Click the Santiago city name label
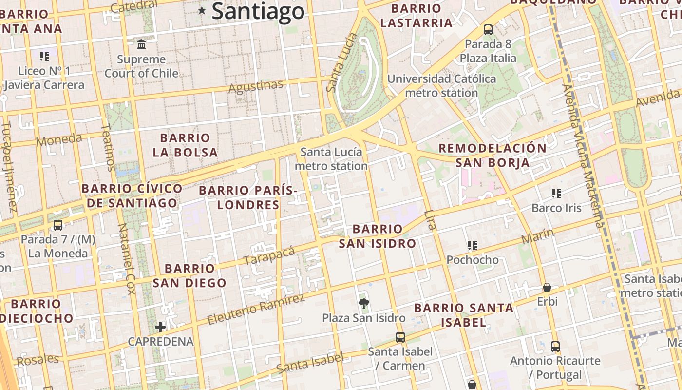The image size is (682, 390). [x=258, y=11]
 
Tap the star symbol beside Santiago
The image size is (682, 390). [x=202, y=10]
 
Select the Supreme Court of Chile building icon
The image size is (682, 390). [x=141, y=45]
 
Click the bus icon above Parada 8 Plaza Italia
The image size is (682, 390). [x=488, y=30]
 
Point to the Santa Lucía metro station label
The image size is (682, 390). [x=331, y=159]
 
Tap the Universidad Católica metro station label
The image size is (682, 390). [x=441, y=86]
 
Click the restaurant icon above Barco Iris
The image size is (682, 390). [x=556, y=194]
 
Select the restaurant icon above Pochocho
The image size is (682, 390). [x=472, y=245]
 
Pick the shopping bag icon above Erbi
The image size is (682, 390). [x=547, y=287]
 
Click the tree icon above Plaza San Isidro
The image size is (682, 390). [x=363, y=304]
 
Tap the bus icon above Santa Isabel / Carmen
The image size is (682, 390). [x=400, y=337]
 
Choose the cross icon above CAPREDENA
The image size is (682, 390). [x=160, y=327]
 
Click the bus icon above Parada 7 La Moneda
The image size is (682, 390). [x=58, y=225]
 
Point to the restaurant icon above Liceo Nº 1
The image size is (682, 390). [x=44, y=57]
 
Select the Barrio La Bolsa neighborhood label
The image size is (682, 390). [x=185, y=145]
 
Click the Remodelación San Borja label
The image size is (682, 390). [x=493, y=155]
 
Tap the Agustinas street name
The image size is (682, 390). [x=256, y=87]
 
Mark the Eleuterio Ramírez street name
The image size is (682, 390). [x=256, y=310]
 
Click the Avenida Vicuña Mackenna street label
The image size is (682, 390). [x=583, y=156]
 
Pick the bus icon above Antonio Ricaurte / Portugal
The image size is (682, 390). [x=555, y=347]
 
